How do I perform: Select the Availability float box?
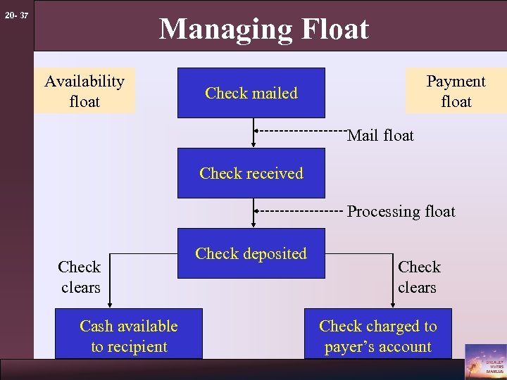click(84, 91)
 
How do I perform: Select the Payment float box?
click(456, 91)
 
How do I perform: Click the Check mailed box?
click(251, 93)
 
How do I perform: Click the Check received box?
click(251, 173)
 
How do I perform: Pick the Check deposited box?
click(251, 253)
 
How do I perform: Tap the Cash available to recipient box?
click(128, 336)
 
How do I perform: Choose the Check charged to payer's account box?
click(377, 336)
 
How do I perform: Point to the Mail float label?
click(380, 134)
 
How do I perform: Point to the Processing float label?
click(401, 212)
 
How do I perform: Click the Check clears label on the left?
click(80, 277)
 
